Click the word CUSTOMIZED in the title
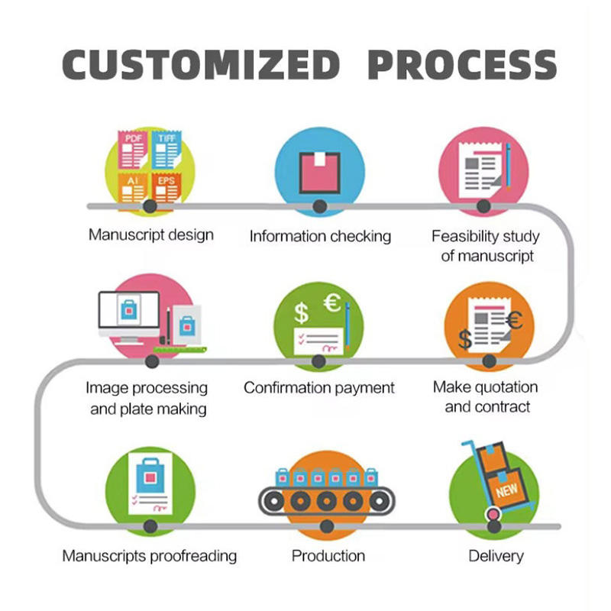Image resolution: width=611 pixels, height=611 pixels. coord(202,65)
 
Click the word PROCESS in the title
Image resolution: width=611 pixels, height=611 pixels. coord(462,65)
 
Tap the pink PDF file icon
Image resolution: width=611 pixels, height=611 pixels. coord(133,150)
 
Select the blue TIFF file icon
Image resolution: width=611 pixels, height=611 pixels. coord(166,150)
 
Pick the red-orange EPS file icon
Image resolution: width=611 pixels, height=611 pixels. coord(166,187)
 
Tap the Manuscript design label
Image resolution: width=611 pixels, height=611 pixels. coord(151,235)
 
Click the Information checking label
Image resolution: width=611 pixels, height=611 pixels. coord(320,236)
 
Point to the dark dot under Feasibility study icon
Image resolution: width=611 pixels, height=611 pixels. coord(483,205)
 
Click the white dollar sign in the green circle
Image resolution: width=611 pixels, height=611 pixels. coord(301,313)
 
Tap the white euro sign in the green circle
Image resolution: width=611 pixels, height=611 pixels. coord(332,302)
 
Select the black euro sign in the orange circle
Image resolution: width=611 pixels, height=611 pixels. coord(514,320)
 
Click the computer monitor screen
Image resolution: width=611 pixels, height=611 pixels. coord(129,309)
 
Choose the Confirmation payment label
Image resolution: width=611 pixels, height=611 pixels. coord(319,388)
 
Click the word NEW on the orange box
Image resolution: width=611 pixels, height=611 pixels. coord(506,490)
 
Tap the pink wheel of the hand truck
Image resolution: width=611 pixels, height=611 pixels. coord(493,514)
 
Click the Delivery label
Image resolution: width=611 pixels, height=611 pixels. coord(496,556)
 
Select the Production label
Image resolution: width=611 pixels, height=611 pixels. coord(328,556)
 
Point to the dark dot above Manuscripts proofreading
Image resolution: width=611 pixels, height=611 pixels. coord(150,526)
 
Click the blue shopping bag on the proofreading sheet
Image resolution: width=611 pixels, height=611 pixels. coord(150,475)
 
